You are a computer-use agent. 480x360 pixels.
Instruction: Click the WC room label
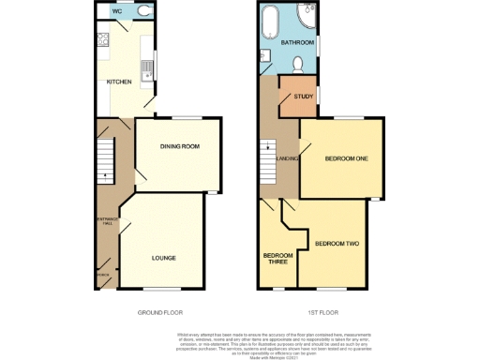click(116, 11)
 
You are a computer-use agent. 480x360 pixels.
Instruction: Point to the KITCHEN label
click(118, 82)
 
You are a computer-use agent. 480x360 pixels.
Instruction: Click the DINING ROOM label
click(179, 146)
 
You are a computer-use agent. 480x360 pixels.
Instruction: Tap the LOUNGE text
click(164, 256)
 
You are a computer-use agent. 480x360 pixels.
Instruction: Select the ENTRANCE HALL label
click(107, 222)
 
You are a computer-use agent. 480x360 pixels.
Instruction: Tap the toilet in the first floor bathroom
click(296, 64)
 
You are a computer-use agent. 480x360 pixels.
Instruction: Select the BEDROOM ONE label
click(345, 158)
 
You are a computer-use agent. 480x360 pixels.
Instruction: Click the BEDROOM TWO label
click(337, 244)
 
